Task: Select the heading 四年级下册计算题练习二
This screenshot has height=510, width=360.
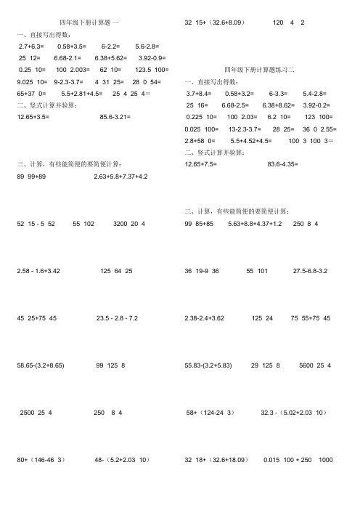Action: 262,69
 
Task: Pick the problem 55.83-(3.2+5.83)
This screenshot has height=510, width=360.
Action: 211,365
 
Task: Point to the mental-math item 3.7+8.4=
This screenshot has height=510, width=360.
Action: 199,94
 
